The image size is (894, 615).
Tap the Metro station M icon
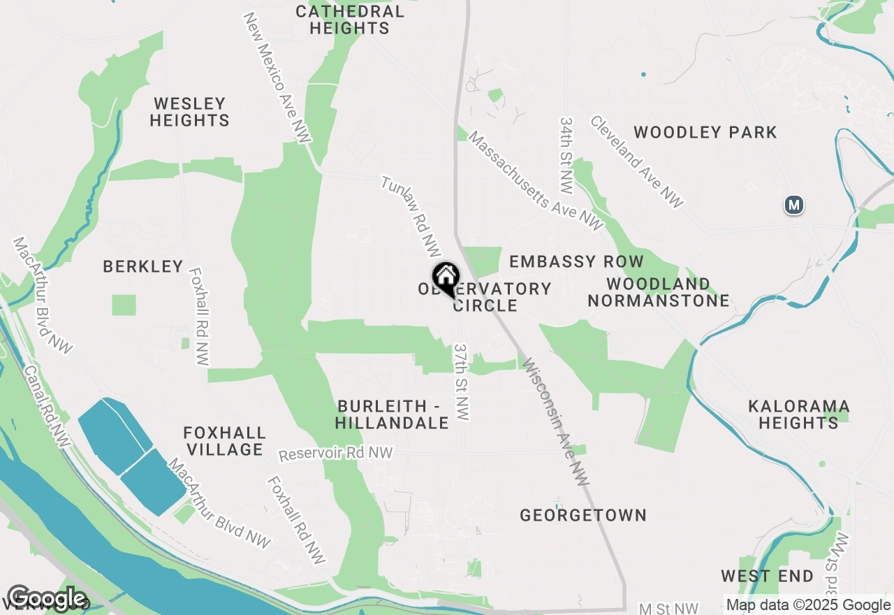[x=793, y=205]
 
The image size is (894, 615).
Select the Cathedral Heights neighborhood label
[x=349, y=20]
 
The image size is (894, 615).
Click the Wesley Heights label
[x=189, y=112]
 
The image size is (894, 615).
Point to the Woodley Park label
[x=705, y=132]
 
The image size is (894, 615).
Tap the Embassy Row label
[x=576, y=261]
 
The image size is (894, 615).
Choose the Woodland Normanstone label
[x=659, y=292]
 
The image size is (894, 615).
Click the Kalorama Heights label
[x=799, y=414]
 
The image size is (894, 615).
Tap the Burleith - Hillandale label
[x=391, y=414]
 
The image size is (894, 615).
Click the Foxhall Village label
[x=224, y=441]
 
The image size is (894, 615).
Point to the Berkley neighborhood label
[x=143, y=266]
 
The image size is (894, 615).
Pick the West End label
[x=767, y=577]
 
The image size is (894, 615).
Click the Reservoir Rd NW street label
[x=335, y=454]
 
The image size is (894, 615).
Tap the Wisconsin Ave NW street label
[x=556, y=421]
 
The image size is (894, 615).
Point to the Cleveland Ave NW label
[x=636, y=161]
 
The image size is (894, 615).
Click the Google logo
[x=47, y=598]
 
